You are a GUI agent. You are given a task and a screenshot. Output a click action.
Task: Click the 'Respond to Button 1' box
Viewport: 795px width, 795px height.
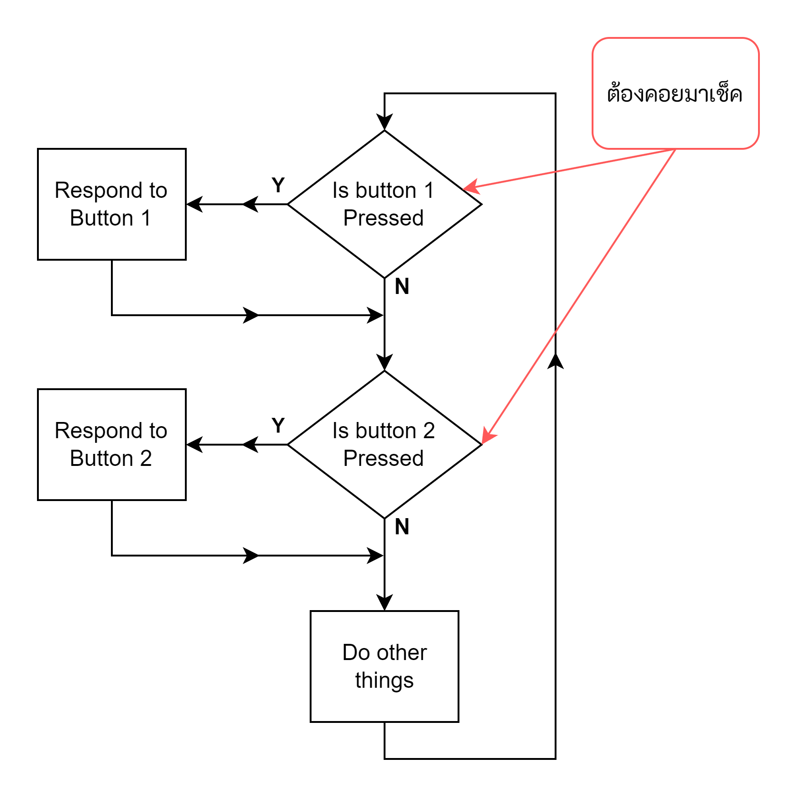pos(111,204)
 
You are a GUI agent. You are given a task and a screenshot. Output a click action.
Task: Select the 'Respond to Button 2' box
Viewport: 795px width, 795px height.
pos(111,444)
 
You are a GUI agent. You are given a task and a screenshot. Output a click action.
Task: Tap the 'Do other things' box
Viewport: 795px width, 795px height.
pos(384,666)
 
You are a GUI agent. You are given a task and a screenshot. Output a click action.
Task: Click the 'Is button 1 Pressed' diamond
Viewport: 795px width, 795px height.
pos(384,204)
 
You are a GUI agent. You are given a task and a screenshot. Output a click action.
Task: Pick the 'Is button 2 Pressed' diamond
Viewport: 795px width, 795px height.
pos(384,444)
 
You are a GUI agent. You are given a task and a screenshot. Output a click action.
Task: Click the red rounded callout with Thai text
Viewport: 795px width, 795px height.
pos(675,93)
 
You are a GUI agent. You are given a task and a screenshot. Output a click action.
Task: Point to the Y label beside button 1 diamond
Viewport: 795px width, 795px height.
pos(278,185)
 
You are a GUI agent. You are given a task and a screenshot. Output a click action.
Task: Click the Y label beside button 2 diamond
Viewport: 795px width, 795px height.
pos(278,426)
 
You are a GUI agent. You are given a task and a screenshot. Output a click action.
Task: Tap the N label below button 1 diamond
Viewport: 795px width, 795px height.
pos(402,287)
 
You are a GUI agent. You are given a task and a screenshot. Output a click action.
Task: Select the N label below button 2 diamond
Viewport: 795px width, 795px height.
pos(402,527)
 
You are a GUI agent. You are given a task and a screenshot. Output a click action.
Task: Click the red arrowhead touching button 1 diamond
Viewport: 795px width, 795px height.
pos(471,187)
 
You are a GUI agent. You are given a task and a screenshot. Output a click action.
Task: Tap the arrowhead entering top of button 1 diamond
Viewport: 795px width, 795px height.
pos(384,122)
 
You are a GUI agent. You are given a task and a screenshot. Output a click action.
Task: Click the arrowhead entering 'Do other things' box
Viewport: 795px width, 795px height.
pos(384,603)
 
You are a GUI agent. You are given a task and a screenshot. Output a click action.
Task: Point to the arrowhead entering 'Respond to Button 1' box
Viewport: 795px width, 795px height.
pos(194,204)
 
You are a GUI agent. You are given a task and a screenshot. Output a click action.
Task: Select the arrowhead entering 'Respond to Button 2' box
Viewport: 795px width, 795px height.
pos(194,444)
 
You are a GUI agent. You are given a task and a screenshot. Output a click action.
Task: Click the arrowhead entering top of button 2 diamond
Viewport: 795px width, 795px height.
pos(384,362)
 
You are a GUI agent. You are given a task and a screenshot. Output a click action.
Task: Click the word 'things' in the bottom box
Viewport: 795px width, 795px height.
pos(384,680)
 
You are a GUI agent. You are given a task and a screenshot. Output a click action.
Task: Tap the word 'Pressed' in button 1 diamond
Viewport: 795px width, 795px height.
pos(383,218)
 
